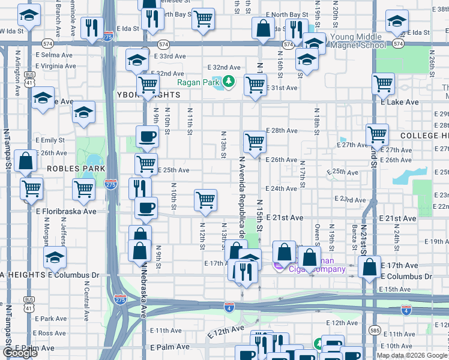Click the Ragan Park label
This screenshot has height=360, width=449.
(197, 82)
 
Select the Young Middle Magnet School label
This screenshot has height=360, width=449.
(358, 41)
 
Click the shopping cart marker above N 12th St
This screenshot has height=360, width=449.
(205, 199)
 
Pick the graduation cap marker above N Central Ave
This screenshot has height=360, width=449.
(55, 257)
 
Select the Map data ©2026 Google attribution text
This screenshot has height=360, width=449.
(412, 355)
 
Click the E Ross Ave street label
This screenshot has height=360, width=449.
(50, 333)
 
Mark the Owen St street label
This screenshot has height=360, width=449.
(317, 234)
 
